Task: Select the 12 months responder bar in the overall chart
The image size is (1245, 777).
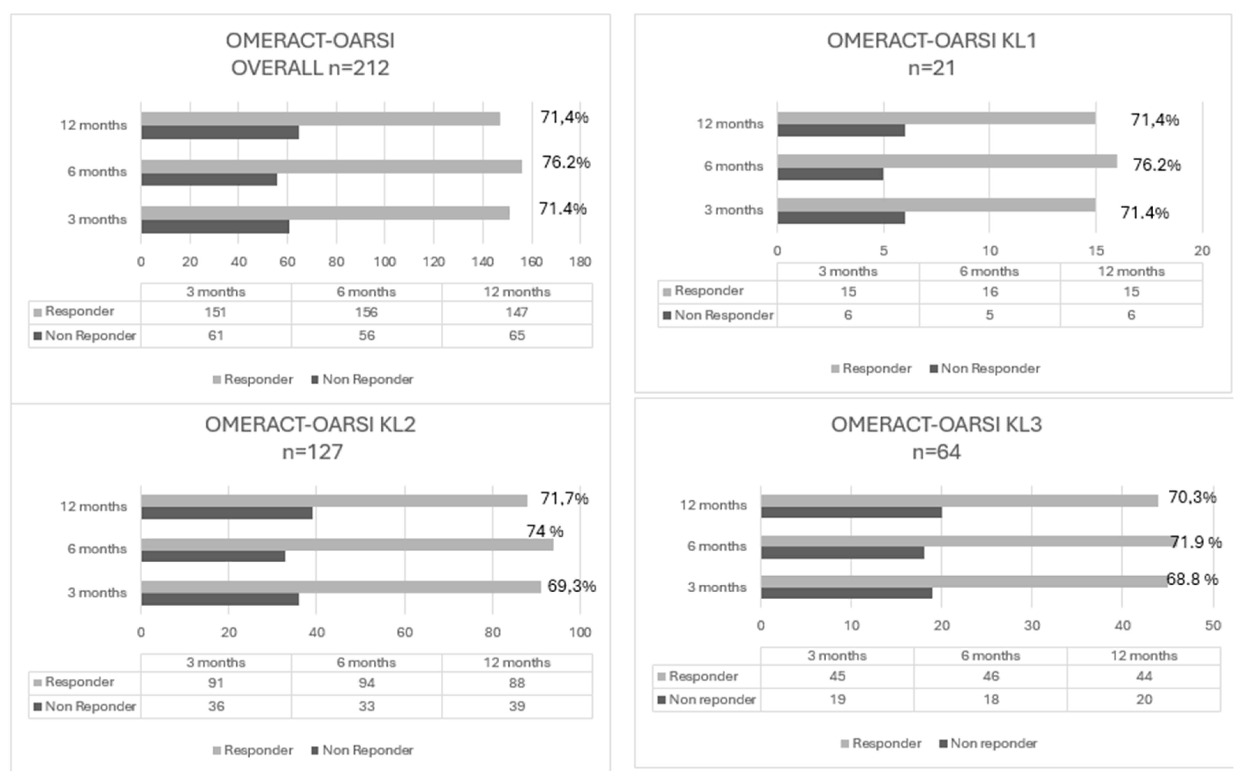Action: [320, 119]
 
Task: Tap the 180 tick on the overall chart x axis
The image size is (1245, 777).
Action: [580, 262]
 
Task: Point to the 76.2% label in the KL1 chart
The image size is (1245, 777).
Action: [1156, 165]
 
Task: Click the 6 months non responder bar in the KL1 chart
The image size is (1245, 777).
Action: [830, 174]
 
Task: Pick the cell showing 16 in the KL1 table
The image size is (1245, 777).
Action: [989, 292]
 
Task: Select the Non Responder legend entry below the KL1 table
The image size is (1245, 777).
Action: [985, 368]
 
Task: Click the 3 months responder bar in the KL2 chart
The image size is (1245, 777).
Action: [341, 587]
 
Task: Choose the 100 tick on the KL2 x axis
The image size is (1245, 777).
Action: [580, 632]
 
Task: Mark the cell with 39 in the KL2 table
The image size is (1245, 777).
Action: [517, 706]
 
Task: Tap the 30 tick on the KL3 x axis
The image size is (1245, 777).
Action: [1032, 625]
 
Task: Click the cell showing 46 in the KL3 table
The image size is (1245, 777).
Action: [990, 676]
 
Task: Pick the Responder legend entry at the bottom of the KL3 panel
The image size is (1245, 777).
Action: [881, 743]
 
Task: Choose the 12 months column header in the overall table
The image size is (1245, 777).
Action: [517, 292]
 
